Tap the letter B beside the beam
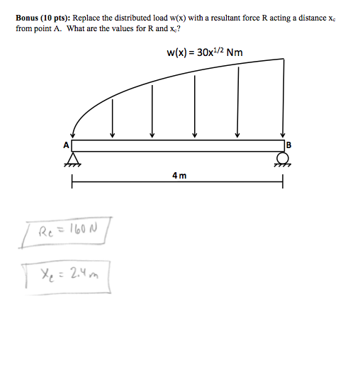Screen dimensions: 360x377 288,145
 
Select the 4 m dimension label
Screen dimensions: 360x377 179,176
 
